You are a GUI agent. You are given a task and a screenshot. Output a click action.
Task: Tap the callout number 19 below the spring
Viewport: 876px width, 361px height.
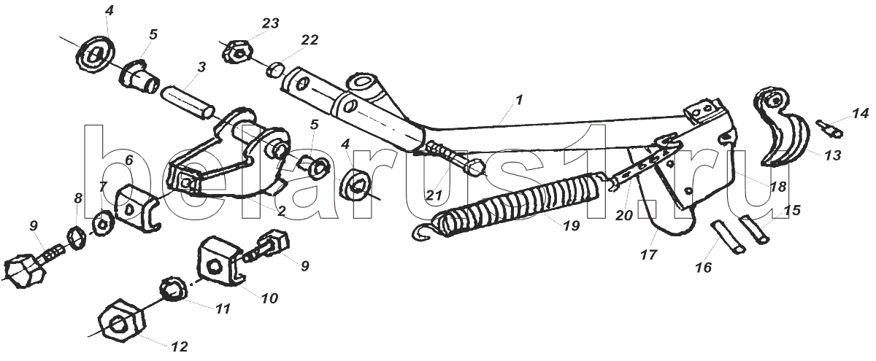[571, 226]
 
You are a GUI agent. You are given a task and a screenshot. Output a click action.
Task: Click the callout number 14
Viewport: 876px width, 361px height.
[859, 113]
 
